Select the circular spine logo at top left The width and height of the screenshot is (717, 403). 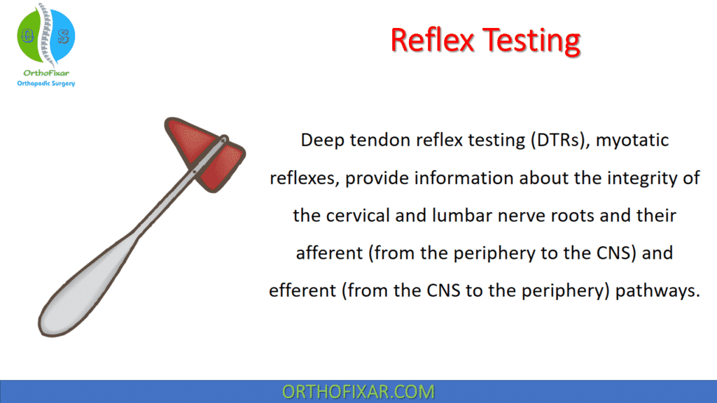tap(46, 36)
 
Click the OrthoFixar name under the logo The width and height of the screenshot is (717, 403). tap(46, 72)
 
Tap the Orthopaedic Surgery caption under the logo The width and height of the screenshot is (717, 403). tap(46, 83)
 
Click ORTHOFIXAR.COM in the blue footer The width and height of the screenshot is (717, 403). tap(358, 392)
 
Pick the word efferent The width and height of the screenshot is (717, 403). tap(302, 291)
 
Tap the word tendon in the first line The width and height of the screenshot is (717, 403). tap(379, 141)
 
